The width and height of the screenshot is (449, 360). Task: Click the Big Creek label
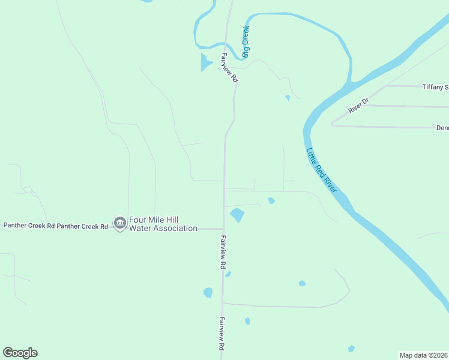pos(246,41)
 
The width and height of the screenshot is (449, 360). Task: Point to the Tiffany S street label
pos(435,87)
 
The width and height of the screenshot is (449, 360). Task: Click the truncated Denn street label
pos(442,128)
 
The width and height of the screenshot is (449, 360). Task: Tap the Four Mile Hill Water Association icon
pos(119,223)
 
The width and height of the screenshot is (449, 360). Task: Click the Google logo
pos(20,353)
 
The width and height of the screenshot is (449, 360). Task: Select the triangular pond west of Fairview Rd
pos(205,62)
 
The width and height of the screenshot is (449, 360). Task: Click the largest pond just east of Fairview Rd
pos(237,214)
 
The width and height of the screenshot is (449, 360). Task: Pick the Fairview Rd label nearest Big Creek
pos(229,68)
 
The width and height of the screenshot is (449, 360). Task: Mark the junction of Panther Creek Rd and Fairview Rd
pos(223,229)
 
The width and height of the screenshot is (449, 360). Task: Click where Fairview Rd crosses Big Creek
pos(226,43)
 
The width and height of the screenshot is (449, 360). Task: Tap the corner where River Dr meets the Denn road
pos(332,125)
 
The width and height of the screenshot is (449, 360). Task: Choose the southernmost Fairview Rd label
pos(221,334)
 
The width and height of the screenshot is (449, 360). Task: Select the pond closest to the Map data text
pos(351,349)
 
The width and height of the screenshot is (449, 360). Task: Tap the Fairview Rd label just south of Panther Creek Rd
pos(222,251)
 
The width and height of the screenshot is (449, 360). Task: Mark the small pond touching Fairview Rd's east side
pos(228,274)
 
